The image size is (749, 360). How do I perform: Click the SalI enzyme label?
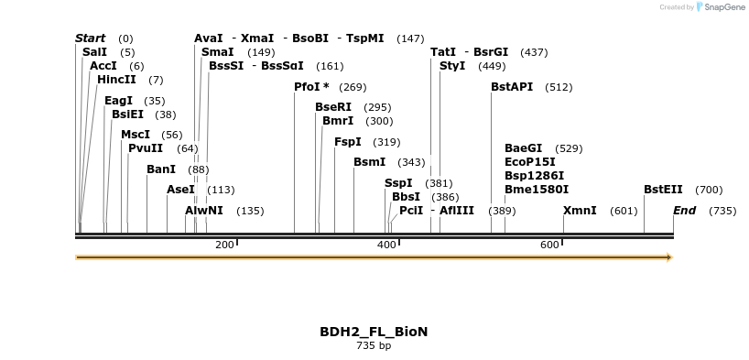tap(95, 52)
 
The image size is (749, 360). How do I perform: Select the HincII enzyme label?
tap(116, 80)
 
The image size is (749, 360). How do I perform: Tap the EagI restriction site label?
tap(118, 101)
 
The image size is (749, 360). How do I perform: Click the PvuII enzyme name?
tap(146, 148)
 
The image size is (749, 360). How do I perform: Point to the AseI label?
tap(180, 190)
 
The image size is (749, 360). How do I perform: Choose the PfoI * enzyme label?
tap(311, 87)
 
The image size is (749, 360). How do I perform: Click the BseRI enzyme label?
tap(333, 107)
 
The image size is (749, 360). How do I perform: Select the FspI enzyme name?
tap(348, 142)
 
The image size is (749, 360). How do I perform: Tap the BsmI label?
tap(370, 162)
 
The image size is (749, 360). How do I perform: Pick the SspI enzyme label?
tap(398, 183)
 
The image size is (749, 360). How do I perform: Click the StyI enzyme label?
tap(452, 66)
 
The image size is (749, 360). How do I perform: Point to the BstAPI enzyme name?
tap(512, 87)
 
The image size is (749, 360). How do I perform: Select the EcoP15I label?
tap(530, 162)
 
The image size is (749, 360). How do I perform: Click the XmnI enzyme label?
tap(580, 211)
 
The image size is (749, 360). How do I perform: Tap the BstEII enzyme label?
tap(663, 190)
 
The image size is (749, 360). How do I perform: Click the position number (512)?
tap(559, 88)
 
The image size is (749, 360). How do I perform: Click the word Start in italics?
tap(91, 38)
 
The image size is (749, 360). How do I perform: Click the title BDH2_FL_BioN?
tap(374, 332)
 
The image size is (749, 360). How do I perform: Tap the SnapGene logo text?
tap(722, 7)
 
